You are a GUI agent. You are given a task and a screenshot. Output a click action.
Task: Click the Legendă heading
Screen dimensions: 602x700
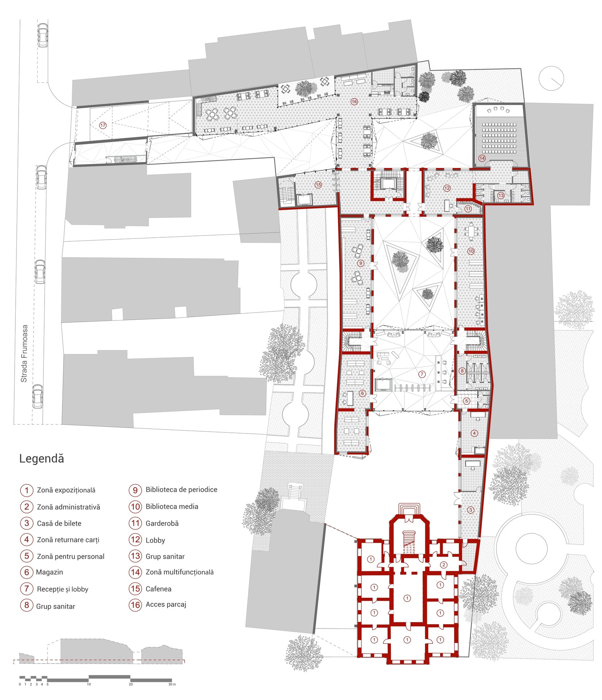click(x=41, y=459)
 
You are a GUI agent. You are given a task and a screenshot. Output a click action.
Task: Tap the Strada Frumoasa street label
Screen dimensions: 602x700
click(x=24, y=354)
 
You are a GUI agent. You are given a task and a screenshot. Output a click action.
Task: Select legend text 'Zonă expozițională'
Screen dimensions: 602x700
click(x=66, y=490)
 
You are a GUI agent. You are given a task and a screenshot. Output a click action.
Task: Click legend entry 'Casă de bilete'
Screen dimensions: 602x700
click(x=59, y=524)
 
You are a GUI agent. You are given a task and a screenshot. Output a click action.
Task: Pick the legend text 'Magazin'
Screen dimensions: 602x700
click(x=49, y=572)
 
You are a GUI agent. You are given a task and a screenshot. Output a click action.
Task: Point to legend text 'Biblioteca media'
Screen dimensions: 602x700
click(x=172, y=506)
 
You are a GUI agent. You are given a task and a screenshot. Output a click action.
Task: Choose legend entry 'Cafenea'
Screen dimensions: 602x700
click(x=158, y=589)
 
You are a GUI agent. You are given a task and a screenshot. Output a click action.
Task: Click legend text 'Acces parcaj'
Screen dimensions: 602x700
click(x=166, y=604)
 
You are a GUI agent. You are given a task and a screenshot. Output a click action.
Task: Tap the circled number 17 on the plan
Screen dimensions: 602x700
click(x=103, y=125)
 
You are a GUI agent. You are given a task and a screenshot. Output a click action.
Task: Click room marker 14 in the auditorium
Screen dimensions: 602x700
click(x=482, y=158)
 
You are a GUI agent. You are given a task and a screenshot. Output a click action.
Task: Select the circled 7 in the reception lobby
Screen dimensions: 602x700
click(x=422, y=374)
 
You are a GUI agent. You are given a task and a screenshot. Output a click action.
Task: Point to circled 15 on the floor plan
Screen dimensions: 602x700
click(x=318, y=185)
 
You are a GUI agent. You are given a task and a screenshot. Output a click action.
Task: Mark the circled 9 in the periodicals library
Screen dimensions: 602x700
click(x=361, y=263)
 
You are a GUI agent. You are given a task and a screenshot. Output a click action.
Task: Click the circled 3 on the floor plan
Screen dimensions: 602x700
click(x=471, y=510)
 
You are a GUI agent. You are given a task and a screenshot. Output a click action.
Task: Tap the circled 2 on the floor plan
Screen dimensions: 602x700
click(x=444, y=565)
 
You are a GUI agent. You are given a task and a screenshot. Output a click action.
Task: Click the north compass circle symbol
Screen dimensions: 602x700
click(x=552, y=78)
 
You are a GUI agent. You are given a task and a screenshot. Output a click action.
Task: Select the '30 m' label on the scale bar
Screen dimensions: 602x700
click(x=172, y=684)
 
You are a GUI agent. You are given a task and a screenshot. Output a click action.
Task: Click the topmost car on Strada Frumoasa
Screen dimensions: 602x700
click(x=43, y=35)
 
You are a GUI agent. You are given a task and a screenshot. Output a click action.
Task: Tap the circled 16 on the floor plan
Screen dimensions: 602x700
click(x=354, y=102)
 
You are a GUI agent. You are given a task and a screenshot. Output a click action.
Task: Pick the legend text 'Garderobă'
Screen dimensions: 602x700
click(x=162, y=524)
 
